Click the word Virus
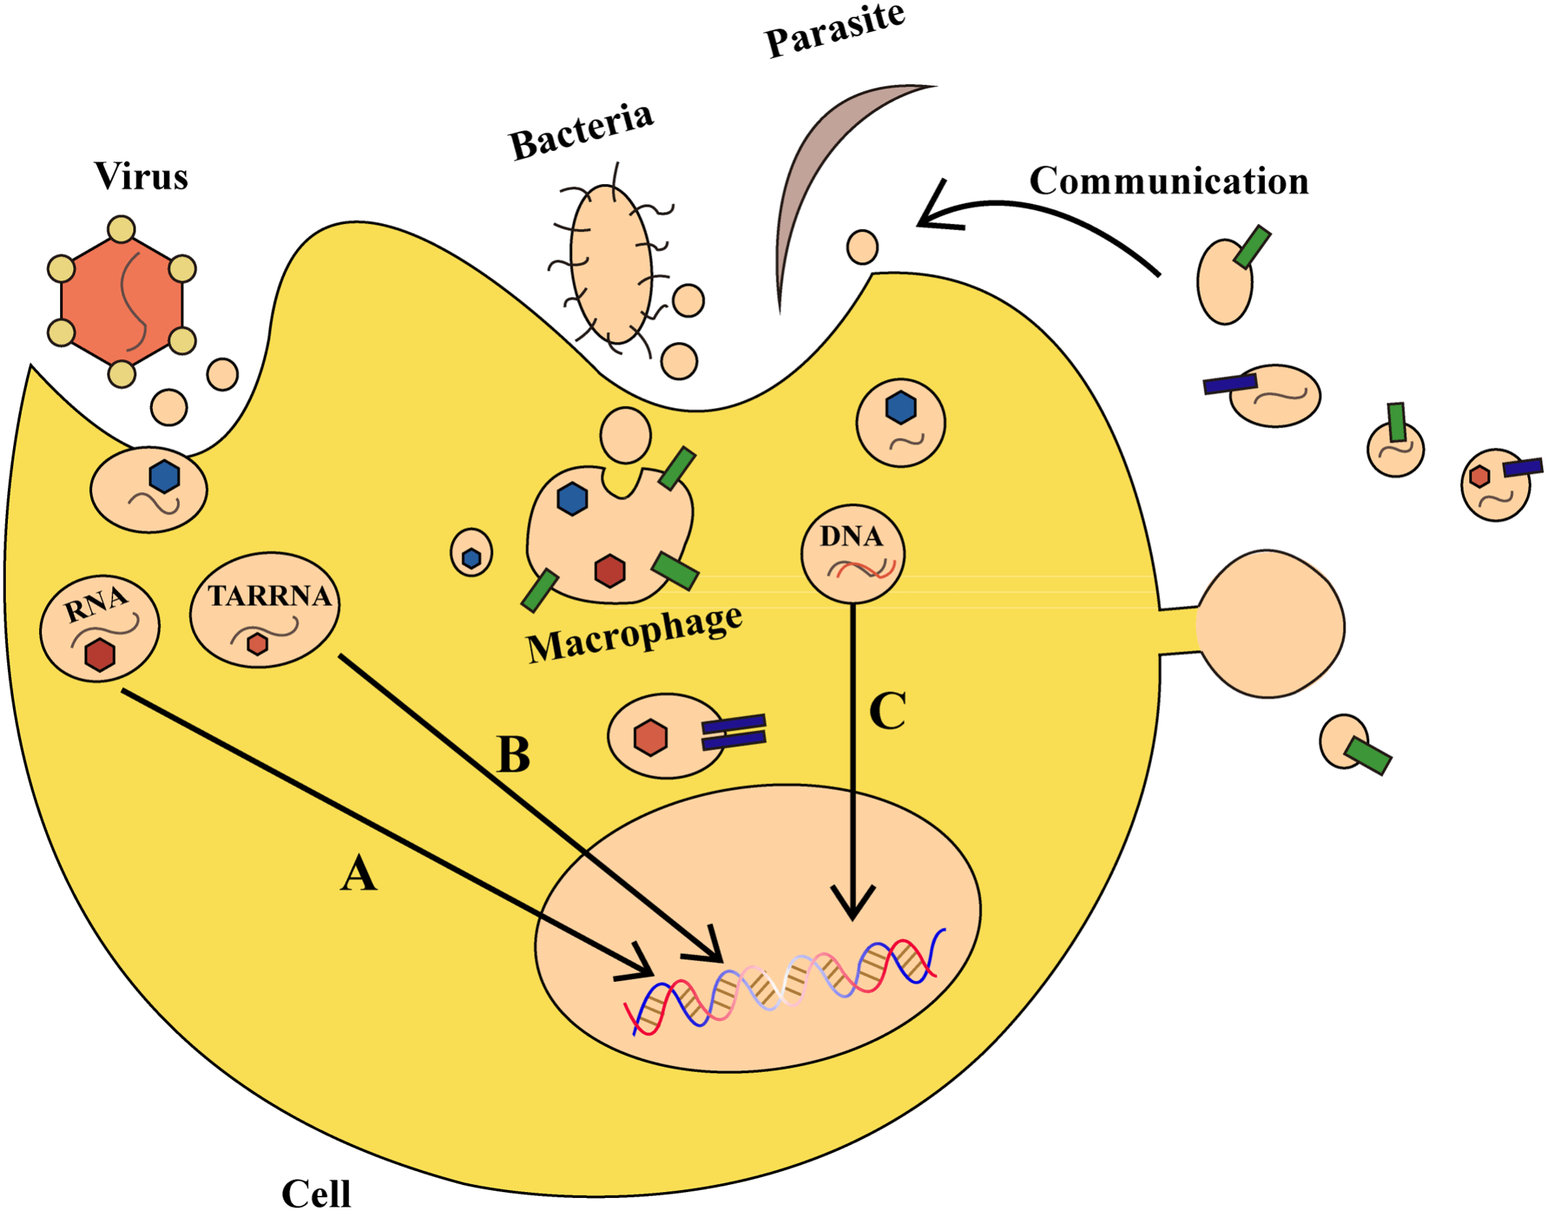click(141, 176)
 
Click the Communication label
click(1169, 181)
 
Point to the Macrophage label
click(634, 634)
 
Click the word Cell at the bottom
click(316, 1193)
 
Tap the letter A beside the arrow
click(358, 873)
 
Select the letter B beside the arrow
click(513, 755)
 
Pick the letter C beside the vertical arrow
click(887, 711)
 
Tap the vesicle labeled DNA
click(853, 554)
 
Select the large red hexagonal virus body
click(122, 301)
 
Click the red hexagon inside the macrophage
click(610, 571)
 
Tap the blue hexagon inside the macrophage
click(572, 499)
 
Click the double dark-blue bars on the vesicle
click(734, 731)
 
